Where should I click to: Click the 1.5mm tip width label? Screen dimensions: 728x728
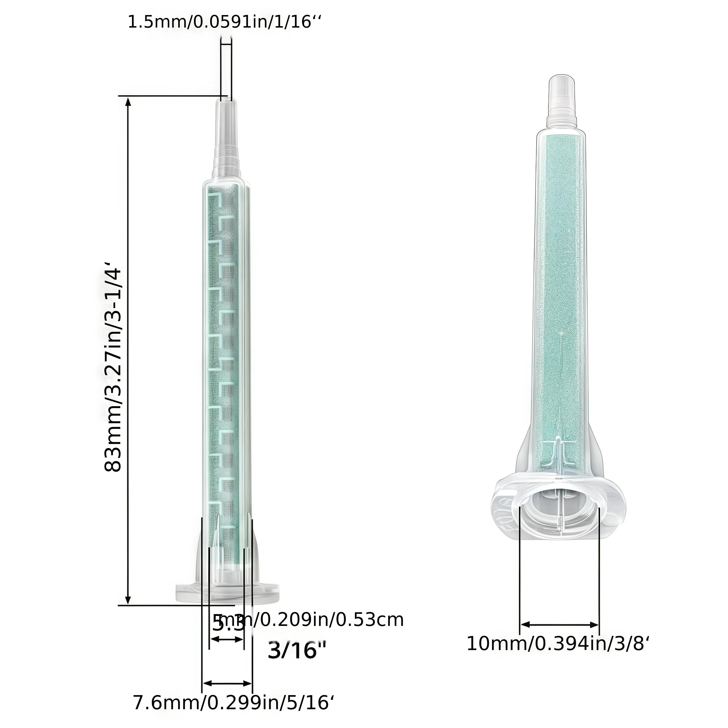tap(225, 22)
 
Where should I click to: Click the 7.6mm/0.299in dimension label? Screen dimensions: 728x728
tap(234, 702)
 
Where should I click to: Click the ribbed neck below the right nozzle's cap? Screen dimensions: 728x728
tap(562, 115)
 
